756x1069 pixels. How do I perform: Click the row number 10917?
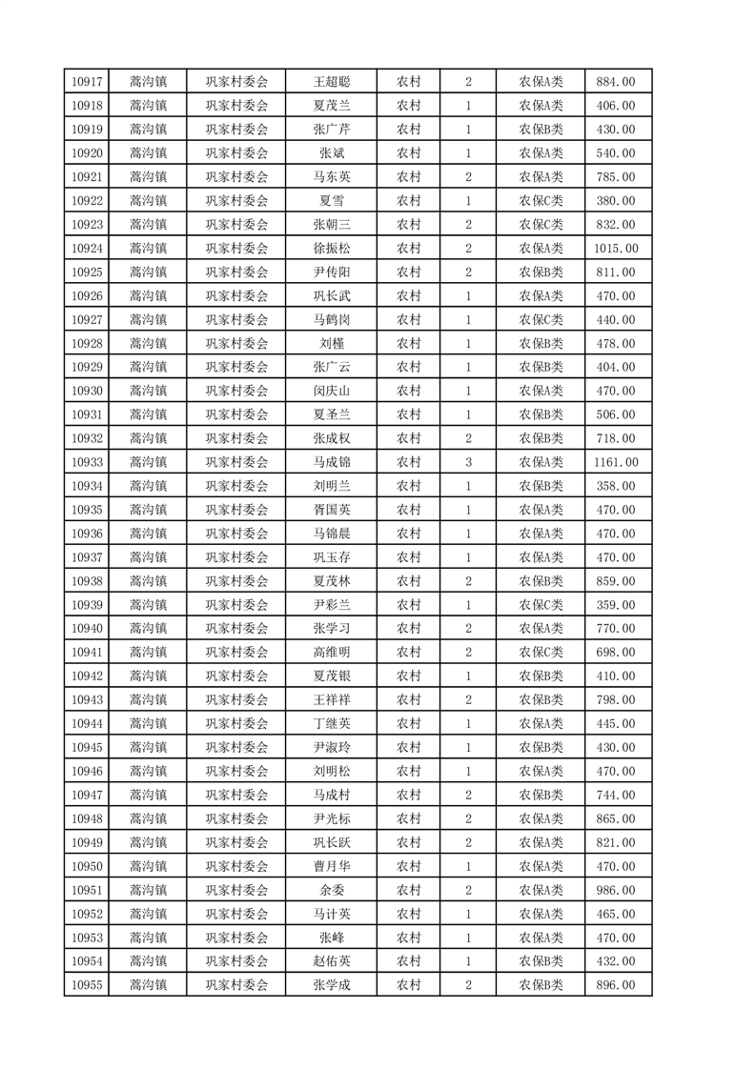pyautogui.click(x=87, y=82)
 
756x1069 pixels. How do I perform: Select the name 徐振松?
pyautogui.click(x=332, y=248)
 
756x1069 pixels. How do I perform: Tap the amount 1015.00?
pyautogui.click(x=618, y=248)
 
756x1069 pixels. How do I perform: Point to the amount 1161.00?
pyautogui.click(x=618, y=462)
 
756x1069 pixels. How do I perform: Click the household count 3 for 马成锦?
pyautogui.click(x=468, y=462)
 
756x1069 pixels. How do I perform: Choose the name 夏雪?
pyautogui.click(x=332, y=200)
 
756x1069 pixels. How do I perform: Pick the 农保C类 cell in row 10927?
pyautogui.click(x=541, y=319)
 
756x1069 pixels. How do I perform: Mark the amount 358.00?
pyautogui.click(x=618, y=486)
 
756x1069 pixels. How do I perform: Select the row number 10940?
pyautogui.click(x=87, y=629)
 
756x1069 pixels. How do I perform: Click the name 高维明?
pyautogui.click(x=332, y=653)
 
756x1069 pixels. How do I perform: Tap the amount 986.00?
pyautogui.click(x=618, y=890)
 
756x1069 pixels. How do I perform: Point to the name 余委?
pyautogui.click(x=332, y=890)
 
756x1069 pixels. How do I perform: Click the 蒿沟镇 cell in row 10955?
pyautogui.click(x=149, y=985)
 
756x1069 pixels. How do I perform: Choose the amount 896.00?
pyautogui.click(x=618, y=985)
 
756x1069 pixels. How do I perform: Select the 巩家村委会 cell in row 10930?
pyautogui.click(x=237, y=391)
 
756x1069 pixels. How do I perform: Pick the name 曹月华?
pyautogui.click(x=332, y=866)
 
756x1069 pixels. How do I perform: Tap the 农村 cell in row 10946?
pyautogui.click(x=409, y=771)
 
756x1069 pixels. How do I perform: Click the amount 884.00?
pyautogui.click(x=618, y=82)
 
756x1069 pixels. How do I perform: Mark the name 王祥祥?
pyautogui.click(x=332, y=700)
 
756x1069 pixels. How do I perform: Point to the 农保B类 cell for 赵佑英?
pyautogui.click(x=541, y=961)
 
